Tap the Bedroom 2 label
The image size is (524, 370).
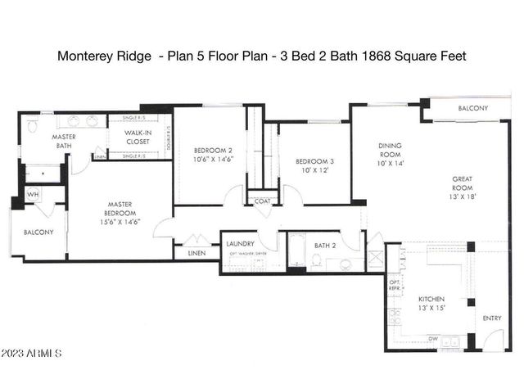point(213,156)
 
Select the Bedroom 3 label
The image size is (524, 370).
point(314,167)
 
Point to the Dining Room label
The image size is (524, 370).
point(390,155)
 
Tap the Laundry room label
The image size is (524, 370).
point(241,243)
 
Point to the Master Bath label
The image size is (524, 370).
point(64,141)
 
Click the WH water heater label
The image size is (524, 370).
point(32,194)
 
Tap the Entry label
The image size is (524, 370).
point(493,318)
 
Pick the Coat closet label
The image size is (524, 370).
point(263,201)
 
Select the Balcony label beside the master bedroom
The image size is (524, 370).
point(37,232)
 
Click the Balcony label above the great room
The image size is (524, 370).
point(472,109)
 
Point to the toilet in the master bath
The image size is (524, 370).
point(32,127)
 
